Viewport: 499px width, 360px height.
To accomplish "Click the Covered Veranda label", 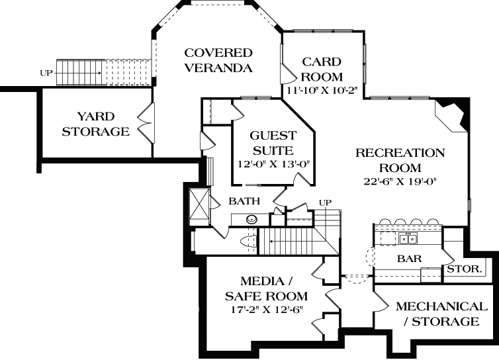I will coord(218,60).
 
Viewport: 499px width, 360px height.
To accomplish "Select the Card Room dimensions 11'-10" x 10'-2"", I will coord(322,90).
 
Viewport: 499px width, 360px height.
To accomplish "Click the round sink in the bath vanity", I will coord(252,219).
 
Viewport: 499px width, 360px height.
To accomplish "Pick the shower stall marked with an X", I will coord(199,205).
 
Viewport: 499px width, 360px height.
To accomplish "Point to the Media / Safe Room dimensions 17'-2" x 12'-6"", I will coord(265,309).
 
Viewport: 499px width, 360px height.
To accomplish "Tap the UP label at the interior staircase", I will coord(325,202).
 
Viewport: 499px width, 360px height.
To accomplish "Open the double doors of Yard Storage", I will coord(144,122).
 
